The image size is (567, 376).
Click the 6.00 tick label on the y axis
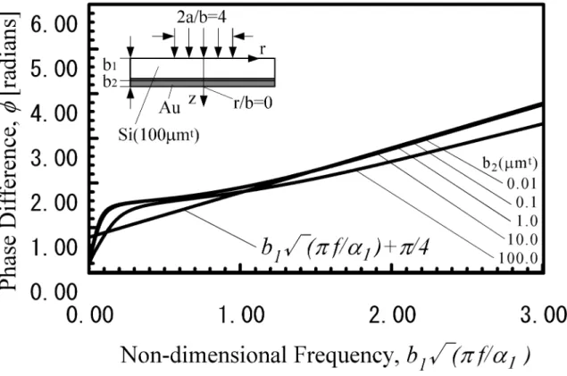click(54, 25)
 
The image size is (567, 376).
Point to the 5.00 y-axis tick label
click(54, 70)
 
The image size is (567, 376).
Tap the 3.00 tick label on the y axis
click(54, 159)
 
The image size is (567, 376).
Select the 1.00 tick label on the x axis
click(241, 314)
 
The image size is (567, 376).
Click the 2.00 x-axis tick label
click(392, 314)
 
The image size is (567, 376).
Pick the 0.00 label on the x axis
click(89, 314)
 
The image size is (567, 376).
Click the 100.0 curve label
click(518, 258)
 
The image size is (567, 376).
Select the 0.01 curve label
click(521, 184)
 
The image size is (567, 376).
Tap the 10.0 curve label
click(523, 239)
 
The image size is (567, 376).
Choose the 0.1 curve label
click(527, 203)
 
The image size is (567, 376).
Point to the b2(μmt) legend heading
click(510, 163)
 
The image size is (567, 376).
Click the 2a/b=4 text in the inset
click(202, 17)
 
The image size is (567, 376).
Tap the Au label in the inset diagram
click(170, 108)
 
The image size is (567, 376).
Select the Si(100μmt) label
click(159, 136)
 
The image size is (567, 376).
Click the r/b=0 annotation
click(253, 104)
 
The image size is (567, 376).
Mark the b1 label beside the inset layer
click(110, 65)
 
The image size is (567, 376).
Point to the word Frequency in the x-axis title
click(342, 356)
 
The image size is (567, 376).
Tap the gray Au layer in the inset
click(203, 82)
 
